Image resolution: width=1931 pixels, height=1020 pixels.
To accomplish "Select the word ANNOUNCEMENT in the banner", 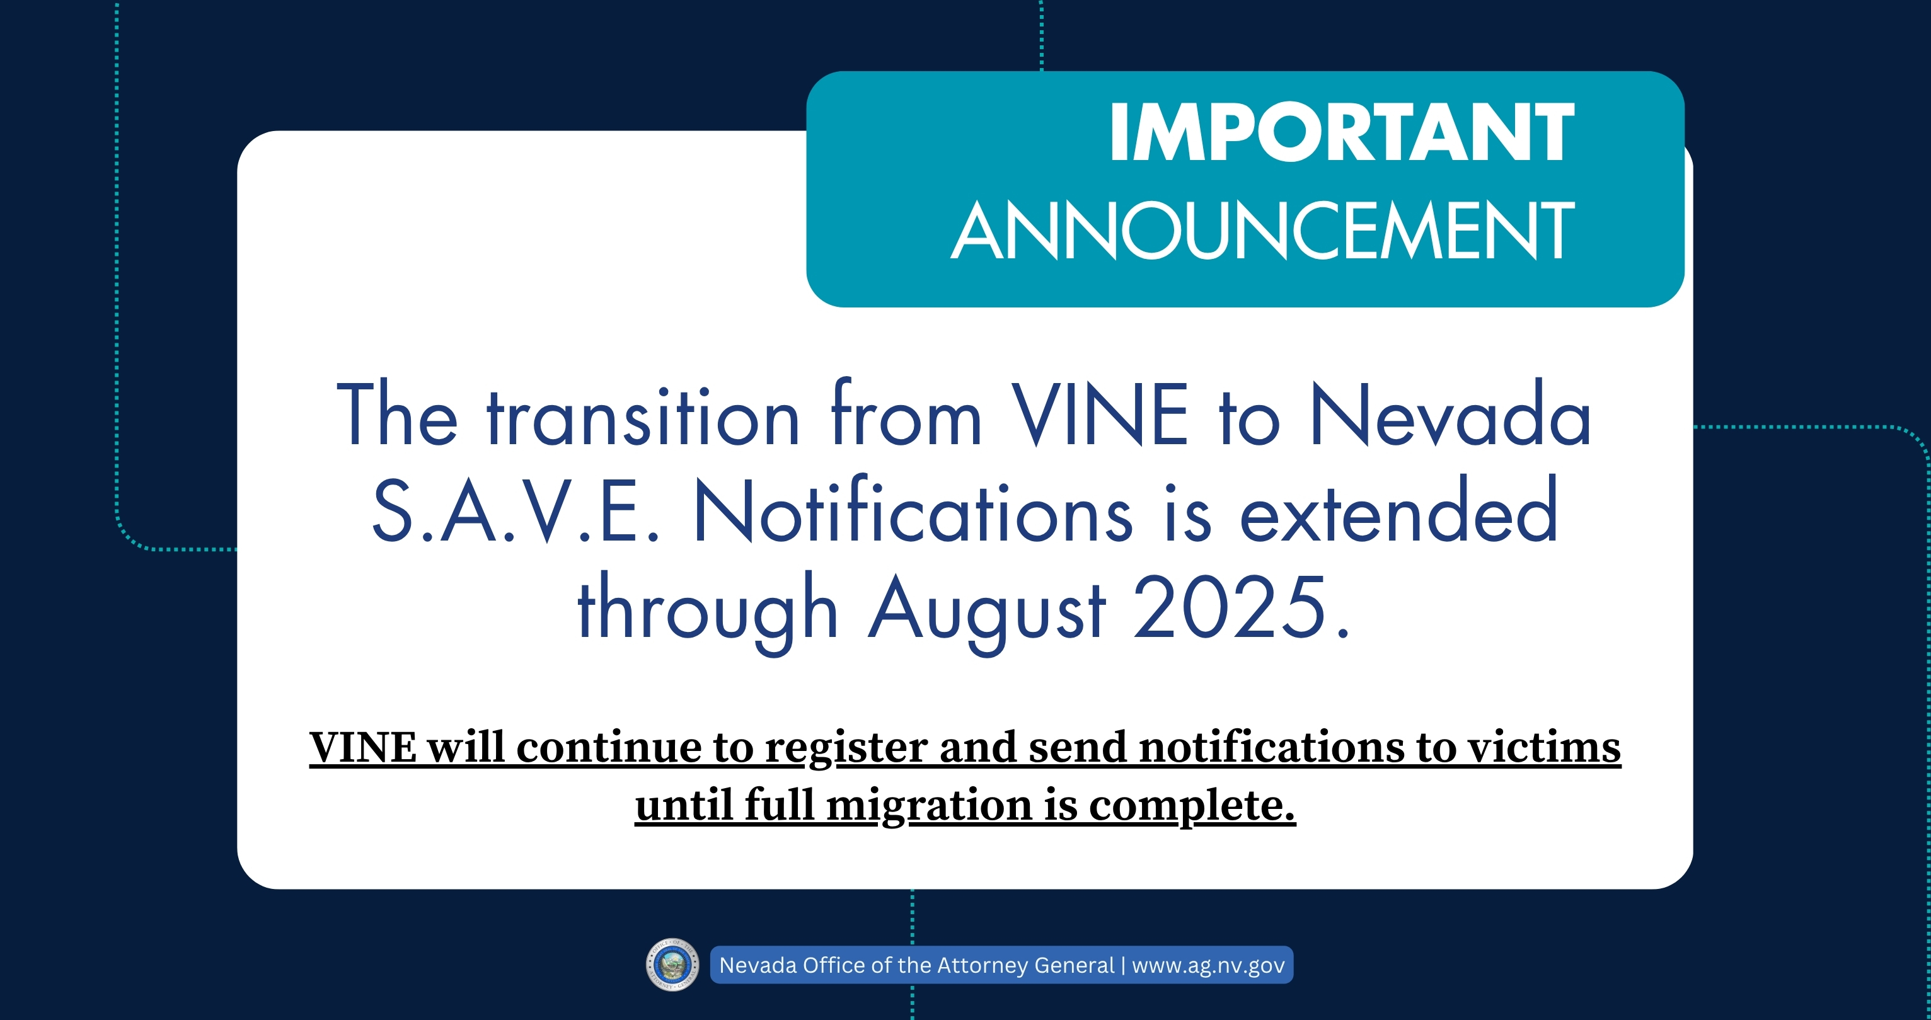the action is (x=1263, y=230).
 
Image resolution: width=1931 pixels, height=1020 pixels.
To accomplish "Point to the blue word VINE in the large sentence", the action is (x=1100, y=415).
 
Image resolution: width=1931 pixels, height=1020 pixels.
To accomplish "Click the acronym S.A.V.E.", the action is (x=516, y=511).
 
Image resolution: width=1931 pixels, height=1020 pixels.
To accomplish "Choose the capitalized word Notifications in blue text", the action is (x=913, y=510).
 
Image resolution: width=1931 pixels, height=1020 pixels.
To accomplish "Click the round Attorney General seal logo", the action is (x=672, y=965).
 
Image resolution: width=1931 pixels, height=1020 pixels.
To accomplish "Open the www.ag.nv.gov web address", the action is (x=1208, y=965).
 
